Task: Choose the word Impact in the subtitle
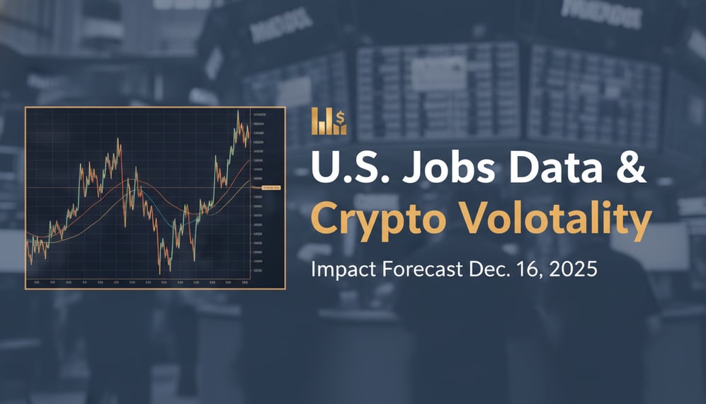(x=341, y=270)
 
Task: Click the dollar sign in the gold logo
(x=341, y=116)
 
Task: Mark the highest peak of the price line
(x=238, y=111)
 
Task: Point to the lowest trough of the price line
(x=159, y=273)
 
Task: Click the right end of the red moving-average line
(x=249, y=161)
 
